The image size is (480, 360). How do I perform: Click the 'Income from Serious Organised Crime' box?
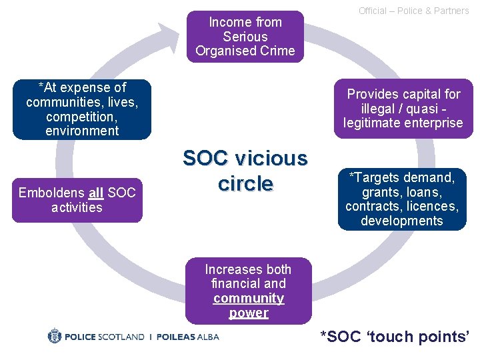pos(245,37)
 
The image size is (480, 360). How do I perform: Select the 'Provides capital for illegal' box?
pos(403,109)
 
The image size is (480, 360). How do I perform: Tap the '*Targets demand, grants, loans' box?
pos(401,199)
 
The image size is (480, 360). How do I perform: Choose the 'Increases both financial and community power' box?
pos(248,291)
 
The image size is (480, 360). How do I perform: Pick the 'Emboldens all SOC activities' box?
pos(77,200)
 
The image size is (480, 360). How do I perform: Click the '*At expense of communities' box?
pos(82,109)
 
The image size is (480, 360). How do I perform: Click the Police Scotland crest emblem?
pos(55,336)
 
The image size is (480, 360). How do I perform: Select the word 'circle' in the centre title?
pos(245,184)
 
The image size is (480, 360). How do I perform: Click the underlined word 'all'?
pos(95,193)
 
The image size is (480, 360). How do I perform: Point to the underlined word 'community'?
pos(249,298)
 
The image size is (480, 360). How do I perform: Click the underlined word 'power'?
pos(249,313)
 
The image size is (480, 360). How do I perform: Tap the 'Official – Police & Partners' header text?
pos(413,11)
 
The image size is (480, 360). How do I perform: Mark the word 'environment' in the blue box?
pos(82,131)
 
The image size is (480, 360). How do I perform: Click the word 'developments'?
pos(401,221)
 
